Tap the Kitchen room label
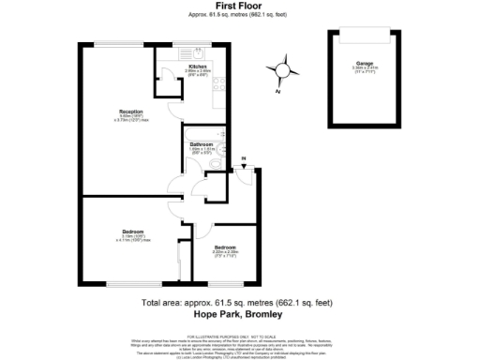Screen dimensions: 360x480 tap(198, 67)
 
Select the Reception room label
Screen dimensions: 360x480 tap(117, 111)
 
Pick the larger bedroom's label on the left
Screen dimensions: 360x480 tap(132, 231)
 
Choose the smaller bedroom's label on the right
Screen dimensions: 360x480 tap(227, 247)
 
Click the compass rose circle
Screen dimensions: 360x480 tap(284, 68)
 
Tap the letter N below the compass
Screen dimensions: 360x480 tap(278, 91)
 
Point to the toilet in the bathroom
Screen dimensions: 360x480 tap(215, 164)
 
